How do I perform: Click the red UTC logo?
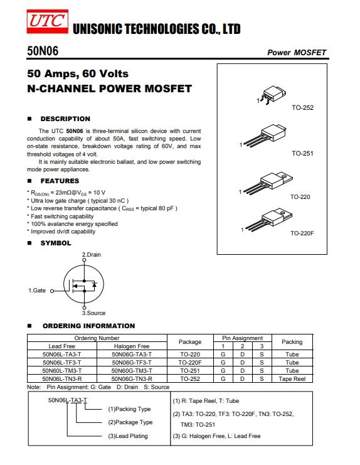[47, 21]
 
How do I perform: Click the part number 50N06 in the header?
[42, 51]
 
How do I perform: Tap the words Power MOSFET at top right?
[297, 52]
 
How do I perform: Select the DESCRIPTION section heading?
[65, 119]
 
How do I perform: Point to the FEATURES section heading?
[60, 181]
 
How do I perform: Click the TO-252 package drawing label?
[302, 108]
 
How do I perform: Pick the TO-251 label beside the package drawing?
[302, 154]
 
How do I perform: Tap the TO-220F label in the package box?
[302, 233]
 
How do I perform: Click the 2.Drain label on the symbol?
[92, 255]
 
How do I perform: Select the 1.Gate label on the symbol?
[37, 291]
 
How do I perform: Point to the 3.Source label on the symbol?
[93, 313]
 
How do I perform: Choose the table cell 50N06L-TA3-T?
[61, 354]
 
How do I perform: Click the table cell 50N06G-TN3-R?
[132, 378]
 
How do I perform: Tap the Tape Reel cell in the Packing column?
[292, 378]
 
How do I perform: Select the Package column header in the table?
[190, 342]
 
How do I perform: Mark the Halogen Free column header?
[132, 346]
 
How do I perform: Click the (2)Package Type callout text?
[130, 422]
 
